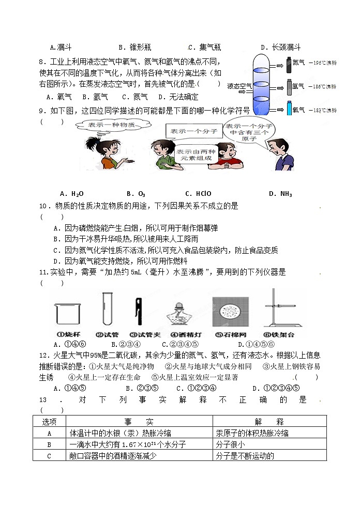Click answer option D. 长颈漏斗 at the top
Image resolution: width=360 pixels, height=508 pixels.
pyautogui.click(x=280, y=47)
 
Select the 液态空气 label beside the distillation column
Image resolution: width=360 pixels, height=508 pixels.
pyautogui.click(x=239, y=86)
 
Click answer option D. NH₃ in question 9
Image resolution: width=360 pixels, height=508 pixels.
pyautogui.click(x=280, y=194)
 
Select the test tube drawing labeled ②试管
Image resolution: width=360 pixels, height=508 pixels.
pyautogui.click(x=107, y=309)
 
